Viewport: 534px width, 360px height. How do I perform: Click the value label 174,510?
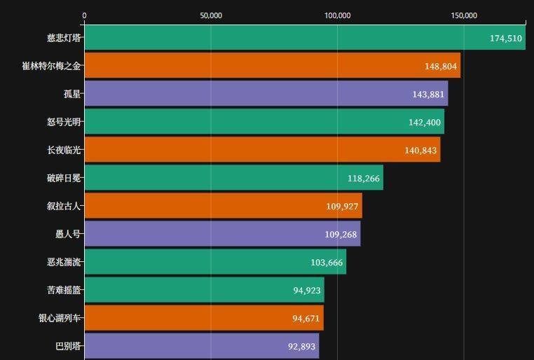point(506,39)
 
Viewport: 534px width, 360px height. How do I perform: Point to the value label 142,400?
point(425,123)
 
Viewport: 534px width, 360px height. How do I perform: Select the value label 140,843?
point(421,151)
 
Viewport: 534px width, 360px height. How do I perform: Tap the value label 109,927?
point(343,207)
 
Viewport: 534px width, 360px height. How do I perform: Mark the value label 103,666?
point(327,263)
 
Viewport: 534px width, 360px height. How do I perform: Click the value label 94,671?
point(306,319)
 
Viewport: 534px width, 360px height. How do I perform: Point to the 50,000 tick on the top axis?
point(211,15)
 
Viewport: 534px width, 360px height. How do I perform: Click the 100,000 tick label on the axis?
point(338,15)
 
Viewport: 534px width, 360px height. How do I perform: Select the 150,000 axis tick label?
point(465,15)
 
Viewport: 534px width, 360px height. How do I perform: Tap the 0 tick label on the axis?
point(85,15)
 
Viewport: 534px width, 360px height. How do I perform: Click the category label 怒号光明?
point(64,122)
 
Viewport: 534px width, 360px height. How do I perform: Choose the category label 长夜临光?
point(64,150)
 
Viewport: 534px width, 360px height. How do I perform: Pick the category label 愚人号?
point(68,234)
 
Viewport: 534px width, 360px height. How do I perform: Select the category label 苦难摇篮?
point(64,290)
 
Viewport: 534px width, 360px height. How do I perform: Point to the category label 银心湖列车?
point(60,318)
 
